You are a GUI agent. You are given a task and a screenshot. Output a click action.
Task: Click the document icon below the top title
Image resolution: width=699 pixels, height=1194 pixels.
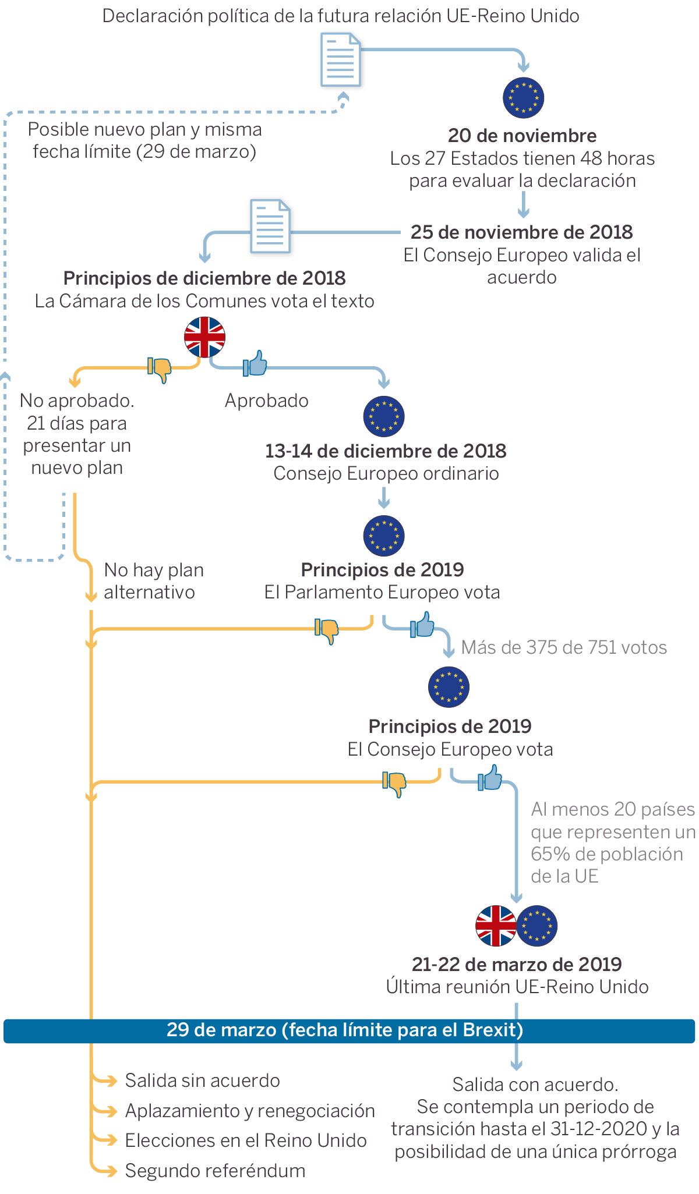click(341, 59)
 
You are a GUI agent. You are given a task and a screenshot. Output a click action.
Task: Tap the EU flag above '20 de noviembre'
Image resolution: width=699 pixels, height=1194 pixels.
click(523, 97)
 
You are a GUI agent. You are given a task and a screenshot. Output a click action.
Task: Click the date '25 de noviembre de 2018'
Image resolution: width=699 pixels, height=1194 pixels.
click(521, 232)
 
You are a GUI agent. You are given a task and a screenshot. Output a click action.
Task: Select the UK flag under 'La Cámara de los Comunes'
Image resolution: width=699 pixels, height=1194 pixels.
click(204, 337)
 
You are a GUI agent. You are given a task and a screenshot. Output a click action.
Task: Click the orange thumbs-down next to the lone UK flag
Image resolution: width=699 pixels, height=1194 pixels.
click(160, 369)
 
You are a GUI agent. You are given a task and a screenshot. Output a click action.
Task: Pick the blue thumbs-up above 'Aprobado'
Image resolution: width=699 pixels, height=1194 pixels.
click(255, 364)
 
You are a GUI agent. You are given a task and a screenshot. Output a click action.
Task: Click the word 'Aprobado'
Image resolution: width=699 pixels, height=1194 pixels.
click(267, 401)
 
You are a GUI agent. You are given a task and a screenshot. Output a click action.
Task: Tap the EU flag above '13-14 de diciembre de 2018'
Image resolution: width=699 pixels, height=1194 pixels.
click(384, 416)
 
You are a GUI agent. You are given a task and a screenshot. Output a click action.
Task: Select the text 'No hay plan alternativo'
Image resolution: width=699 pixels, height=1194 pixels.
click(153, 580)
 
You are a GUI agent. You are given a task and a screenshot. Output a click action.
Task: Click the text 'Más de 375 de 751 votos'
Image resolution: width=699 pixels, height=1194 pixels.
click(564, 647)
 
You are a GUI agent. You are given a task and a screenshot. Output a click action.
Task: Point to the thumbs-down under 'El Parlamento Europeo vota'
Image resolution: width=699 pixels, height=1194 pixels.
click(327, 630)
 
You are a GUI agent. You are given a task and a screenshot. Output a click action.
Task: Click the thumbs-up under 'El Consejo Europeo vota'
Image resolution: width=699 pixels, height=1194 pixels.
click(490, 778)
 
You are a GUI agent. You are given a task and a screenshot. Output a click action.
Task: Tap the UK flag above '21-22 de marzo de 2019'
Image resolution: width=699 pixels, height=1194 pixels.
click(496, 926)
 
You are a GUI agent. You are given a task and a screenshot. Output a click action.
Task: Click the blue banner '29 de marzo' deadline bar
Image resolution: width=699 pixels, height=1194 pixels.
click(349, 1030)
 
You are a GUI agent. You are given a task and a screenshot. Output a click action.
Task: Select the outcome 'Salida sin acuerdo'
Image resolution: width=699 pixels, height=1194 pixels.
click(202, 1080)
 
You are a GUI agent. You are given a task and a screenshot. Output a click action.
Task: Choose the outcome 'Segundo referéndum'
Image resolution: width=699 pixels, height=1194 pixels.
click(215, 1171)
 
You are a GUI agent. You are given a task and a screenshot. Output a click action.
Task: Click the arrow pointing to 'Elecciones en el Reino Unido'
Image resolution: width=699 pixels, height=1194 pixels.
click(107, 1140)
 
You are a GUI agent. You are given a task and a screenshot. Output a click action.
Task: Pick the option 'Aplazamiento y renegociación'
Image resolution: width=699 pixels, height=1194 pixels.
click(250, 1111)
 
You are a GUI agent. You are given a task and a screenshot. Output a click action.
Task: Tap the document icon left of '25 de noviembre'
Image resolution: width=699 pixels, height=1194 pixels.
click(270, 226)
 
